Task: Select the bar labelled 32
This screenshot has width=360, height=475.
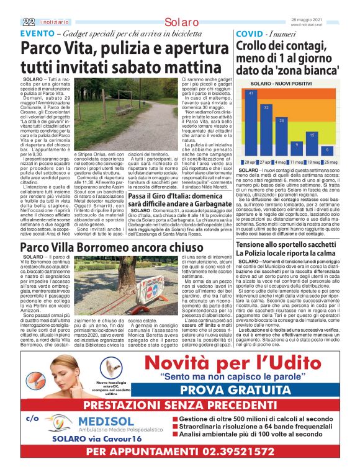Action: coord(266,130)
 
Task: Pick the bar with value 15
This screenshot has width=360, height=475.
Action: coord(312,143)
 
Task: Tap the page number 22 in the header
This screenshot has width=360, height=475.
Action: coord(28,21)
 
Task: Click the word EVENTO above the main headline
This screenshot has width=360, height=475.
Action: coord(37,33)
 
